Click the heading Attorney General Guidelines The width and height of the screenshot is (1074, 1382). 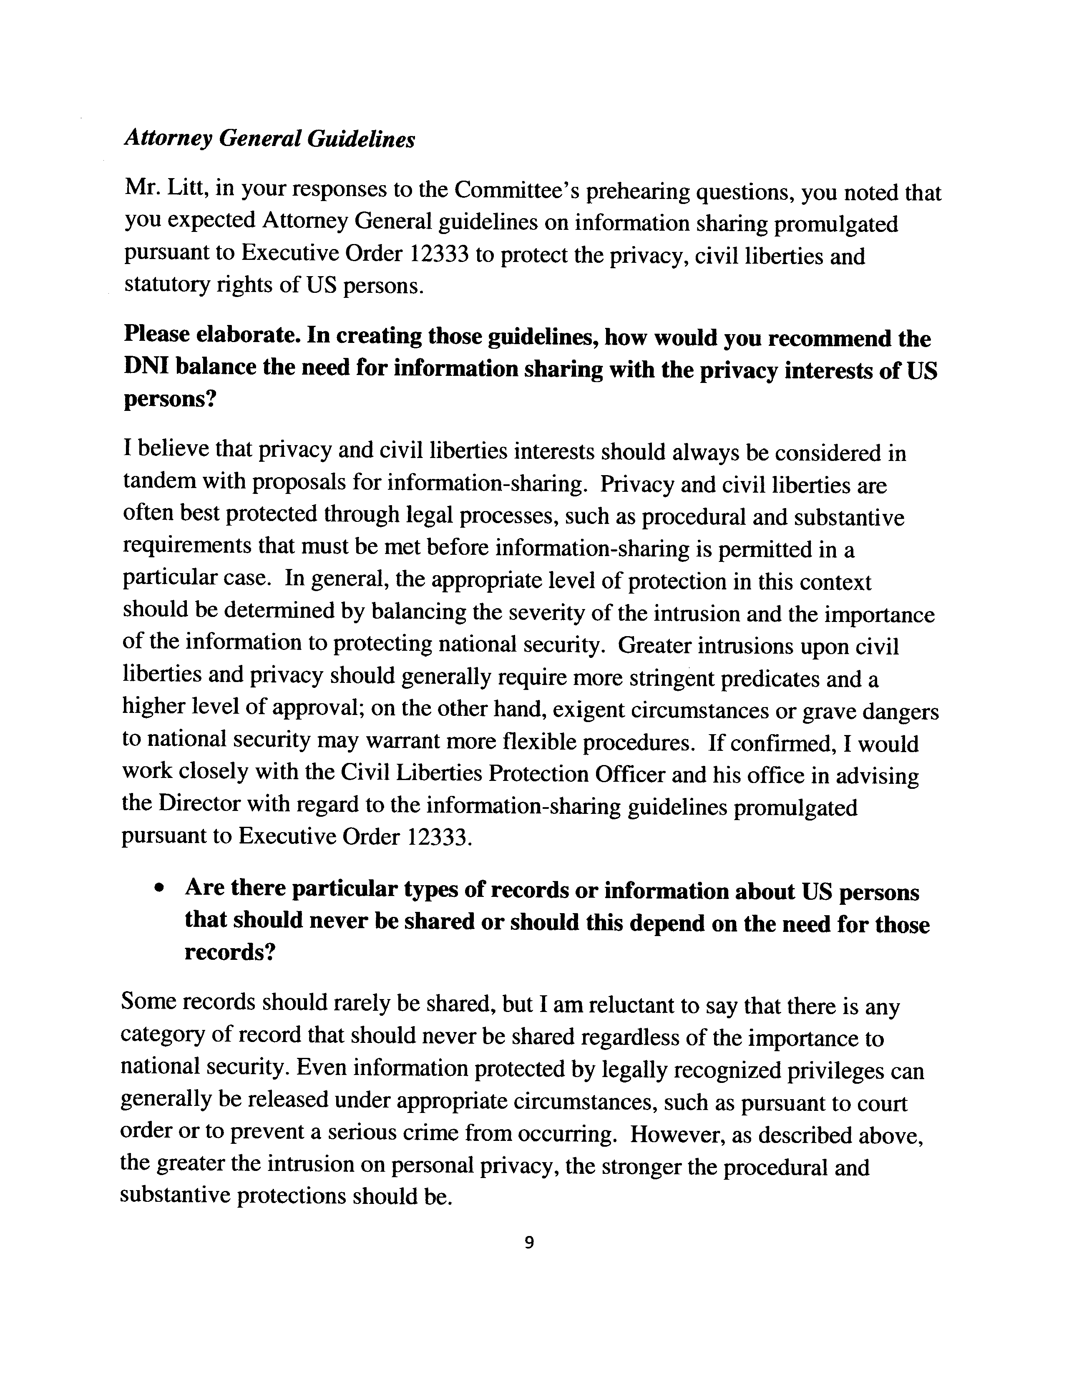click(x=269, y=139)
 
